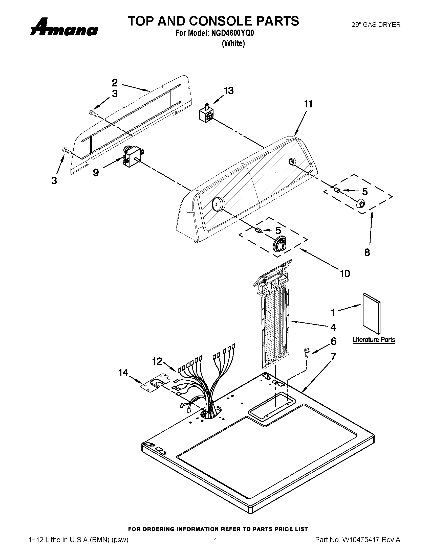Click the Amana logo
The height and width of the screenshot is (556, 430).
(x=64, y=27)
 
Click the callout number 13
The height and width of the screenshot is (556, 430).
(x=228, y=91)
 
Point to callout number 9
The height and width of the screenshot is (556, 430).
(x=96, y=173)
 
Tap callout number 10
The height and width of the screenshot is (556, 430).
(x=345, y=273)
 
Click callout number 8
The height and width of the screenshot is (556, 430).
(x=367, y=252)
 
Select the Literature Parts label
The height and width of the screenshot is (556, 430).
(x=374, y=340)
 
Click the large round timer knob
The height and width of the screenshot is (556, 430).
(x=280, y=244)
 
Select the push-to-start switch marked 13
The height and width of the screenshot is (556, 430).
(x=206, y=114)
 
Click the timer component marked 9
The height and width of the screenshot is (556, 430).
(x=132, y=157)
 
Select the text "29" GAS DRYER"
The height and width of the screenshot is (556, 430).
(x=376, y=25)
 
